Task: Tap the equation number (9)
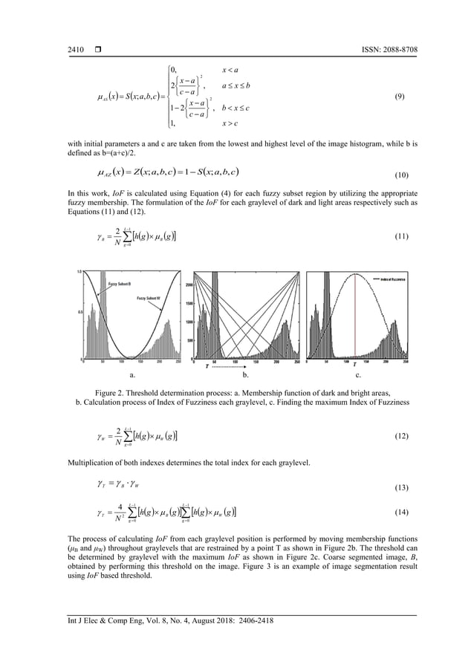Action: (398, 97)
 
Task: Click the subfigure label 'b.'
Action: (246, 377)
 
